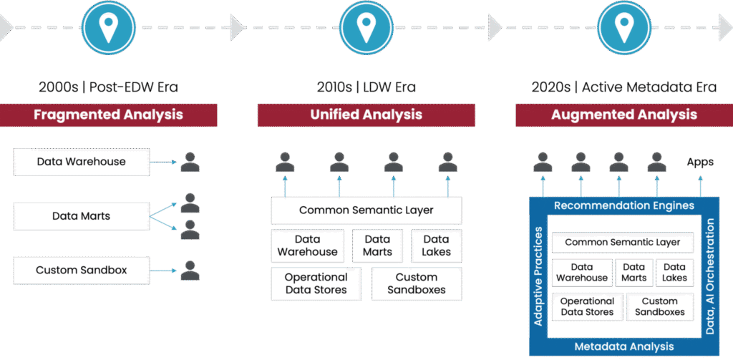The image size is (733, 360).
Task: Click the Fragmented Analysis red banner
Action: [108, 115]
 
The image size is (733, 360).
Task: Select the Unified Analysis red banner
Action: [366, 115]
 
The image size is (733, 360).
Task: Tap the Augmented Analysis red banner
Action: [623, 115]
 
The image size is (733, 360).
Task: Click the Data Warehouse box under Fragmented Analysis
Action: [81, 162]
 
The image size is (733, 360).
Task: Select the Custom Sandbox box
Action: [81, 271]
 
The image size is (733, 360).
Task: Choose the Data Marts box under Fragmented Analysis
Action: [81, 215]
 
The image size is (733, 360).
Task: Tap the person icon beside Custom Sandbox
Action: [190, 271]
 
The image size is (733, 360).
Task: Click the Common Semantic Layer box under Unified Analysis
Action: [366, 210]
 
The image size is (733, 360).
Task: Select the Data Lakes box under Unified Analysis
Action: [436, 245]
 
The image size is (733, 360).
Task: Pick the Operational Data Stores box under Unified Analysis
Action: [316, 283]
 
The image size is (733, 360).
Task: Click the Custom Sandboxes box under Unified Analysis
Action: [416, 283]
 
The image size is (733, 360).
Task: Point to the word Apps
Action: [700, 162]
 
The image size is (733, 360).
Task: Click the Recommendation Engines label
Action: [624, 206]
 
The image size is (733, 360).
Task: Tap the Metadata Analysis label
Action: [624, 346]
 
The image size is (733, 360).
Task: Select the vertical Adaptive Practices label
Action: [540, 276]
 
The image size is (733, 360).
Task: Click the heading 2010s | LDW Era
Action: [366, 88]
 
